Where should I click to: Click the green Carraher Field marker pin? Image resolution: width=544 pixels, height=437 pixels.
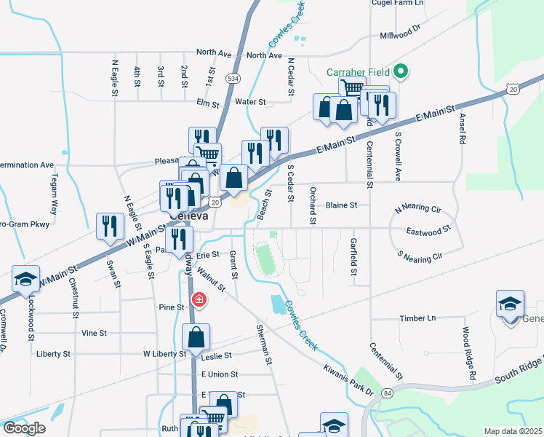399,72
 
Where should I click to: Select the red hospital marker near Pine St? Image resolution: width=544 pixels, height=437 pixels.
198,299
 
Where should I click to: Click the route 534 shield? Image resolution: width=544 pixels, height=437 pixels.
232,77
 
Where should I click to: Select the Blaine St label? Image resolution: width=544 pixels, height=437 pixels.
341,205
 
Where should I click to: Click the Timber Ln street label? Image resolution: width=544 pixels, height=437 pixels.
418,318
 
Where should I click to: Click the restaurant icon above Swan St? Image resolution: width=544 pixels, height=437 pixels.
109,226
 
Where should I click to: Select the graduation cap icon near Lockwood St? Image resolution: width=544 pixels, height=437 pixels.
25,279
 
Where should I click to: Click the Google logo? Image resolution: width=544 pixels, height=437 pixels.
23,428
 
